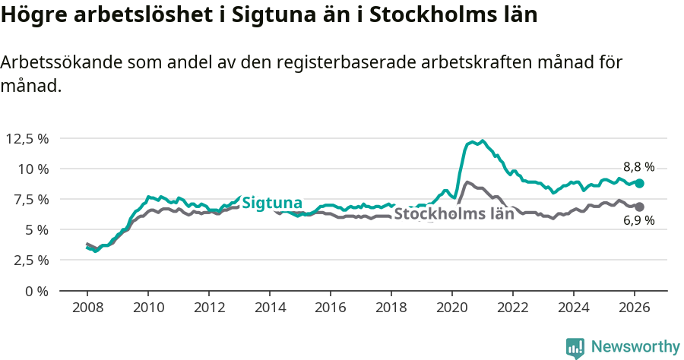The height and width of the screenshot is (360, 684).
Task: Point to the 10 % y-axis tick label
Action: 33,169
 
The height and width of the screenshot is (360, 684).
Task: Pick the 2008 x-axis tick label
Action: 87,308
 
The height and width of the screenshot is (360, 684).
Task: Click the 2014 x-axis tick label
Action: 270,308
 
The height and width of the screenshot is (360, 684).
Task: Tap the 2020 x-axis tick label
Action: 452,308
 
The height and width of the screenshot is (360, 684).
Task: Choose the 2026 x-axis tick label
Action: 635,308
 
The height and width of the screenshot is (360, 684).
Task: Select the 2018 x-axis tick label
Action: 391,308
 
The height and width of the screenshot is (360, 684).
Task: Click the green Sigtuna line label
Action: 272,203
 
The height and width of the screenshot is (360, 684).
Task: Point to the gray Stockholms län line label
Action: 454,214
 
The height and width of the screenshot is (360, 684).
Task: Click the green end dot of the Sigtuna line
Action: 640,183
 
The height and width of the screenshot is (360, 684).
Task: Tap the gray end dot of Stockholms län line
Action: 640,207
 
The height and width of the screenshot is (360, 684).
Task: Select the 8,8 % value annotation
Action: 638,167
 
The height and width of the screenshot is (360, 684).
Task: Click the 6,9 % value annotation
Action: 638,222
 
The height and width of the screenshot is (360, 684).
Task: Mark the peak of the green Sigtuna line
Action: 482,141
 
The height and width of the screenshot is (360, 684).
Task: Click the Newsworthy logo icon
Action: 575,347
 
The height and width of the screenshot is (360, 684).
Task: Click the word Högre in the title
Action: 33,16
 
